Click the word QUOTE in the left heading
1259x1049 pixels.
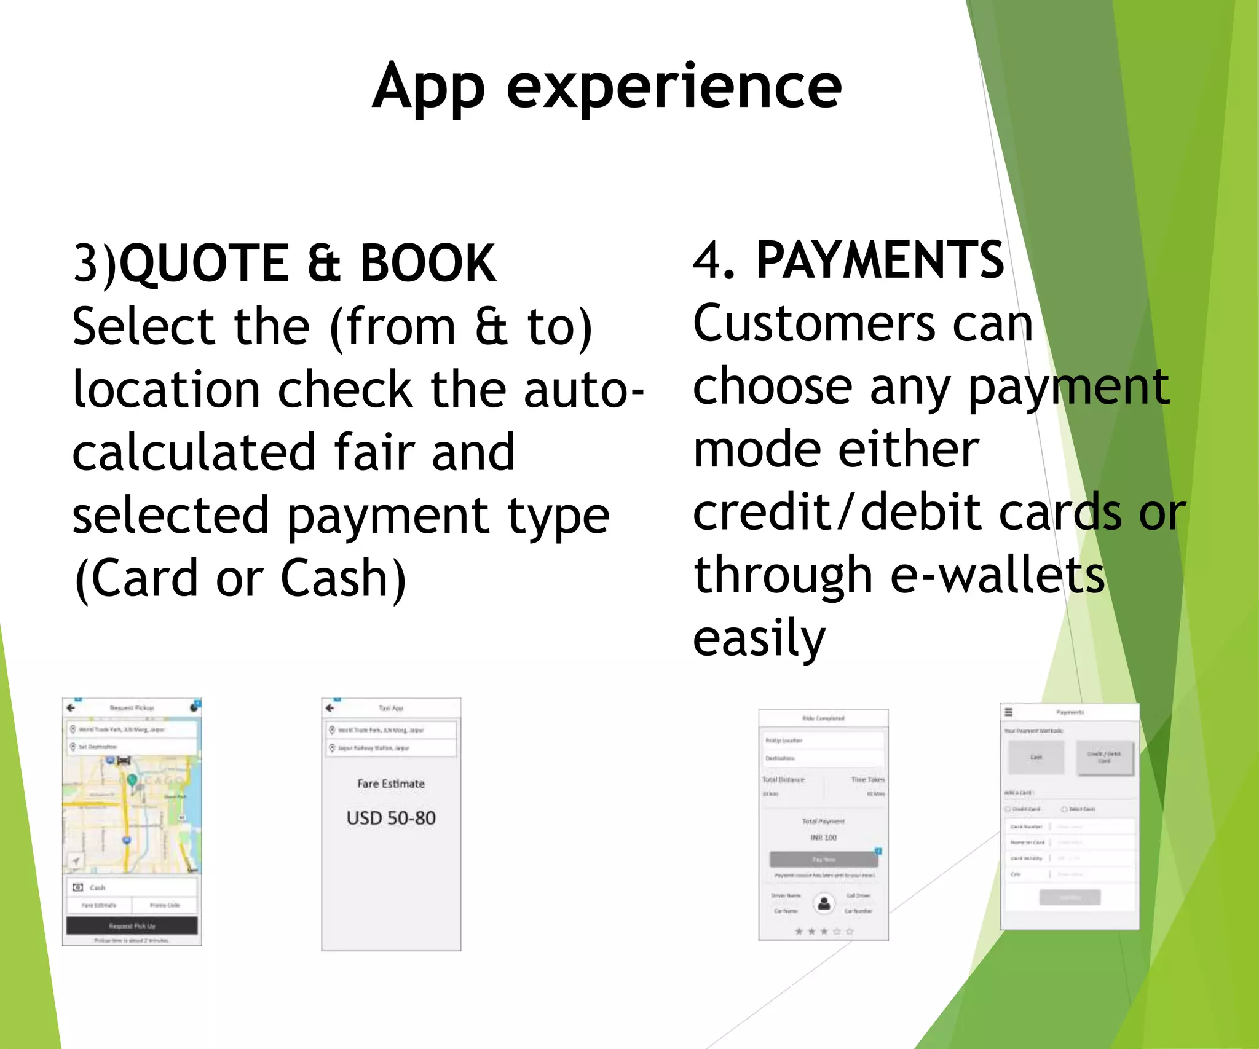tap(203, 263)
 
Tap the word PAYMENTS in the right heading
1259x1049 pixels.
tap(880, 260)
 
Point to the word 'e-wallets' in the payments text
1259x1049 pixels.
tap(998, 575)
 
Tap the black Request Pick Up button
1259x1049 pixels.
tap(132, 925)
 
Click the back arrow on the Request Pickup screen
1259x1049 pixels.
tap(71, 708)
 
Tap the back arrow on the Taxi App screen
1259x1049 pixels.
tap(330, 708)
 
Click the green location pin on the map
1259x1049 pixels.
tap(132, 780)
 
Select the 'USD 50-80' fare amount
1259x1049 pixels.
tap(391, 818)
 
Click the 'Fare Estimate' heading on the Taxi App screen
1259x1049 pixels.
tap(391, 784)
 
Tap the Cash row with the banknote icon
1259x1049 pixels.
tap(132, 887)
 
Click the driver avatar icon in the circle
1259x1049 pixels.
tap(824, 903)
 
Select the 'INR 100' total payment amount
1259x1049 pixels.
tap(823, 838)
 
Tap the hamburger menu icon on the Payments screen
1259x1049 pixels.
tap(1008, 712)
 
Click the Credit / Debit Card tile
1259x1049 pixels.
tap(1104, 757)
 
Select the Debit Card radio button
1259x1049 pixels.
tap(1064, 809)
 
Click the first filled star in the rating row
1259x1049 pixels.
tap(799, 932)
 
